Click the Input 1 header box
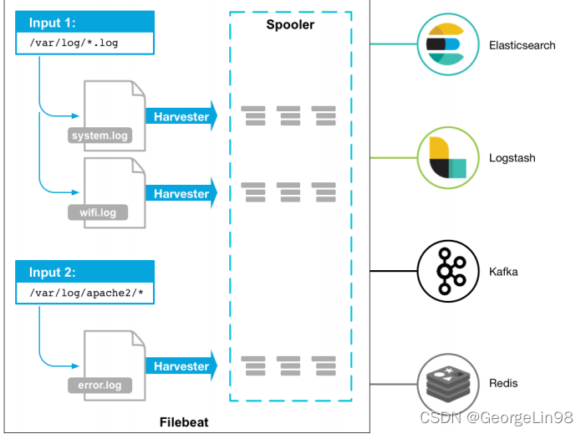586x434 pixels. coord(84,23)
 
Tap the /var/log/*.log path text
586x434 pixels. coord(74,42)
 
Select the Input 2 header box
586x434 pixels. coord(84,272)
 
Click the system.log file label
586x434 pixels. coord(99,135)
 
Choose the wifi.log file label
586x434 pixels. coord(98,212)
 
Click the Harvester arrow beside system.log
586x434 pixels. coord(181,117)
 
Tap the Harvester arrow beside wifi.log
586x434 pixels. coord(181,194)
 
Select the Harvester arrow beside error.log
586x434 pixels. coord(181,366)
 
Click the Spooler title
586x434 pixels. coord(289,25)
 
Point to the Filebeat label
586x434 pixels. coord(184,422)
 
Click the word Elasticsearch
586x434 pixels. coord(522,45)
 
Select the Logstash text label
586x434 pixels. coord(512,158)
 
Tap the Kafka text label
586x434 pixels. coord(503,272)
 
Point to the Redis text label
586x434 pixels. coord(503,383)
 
